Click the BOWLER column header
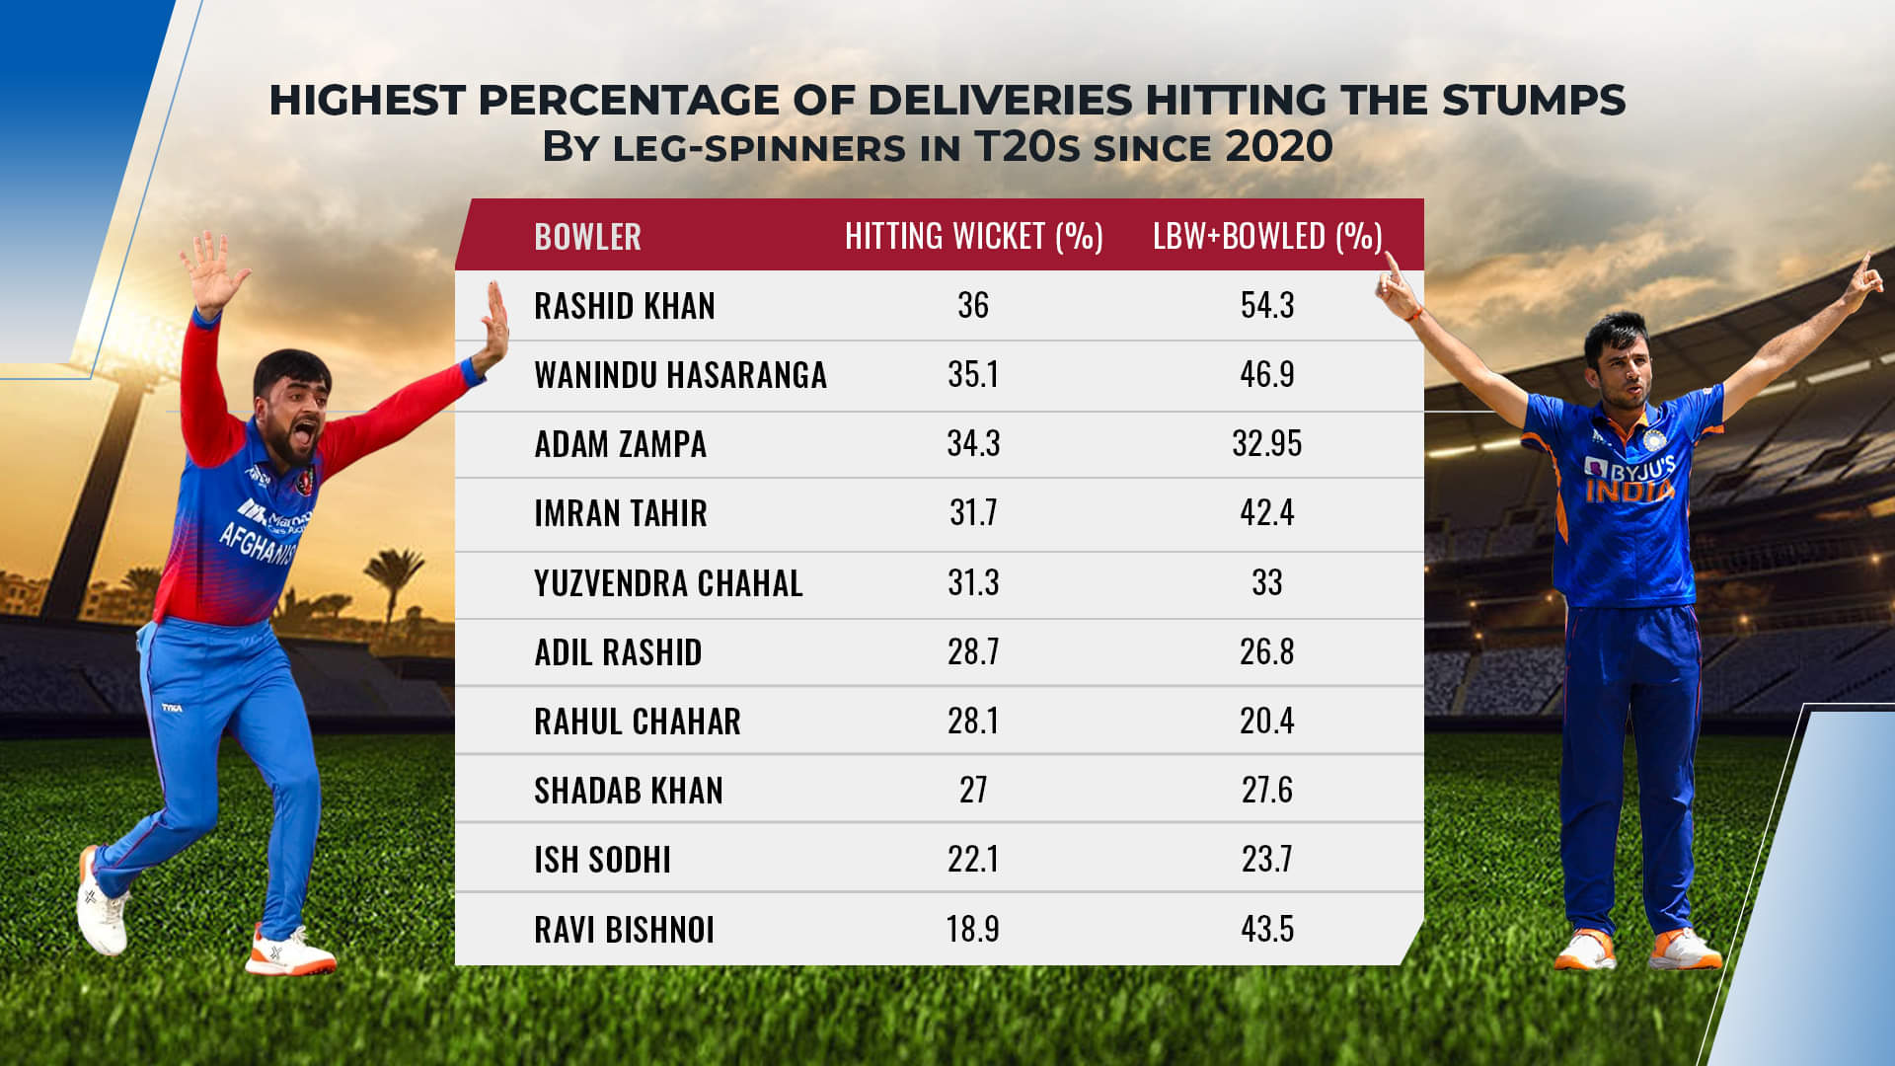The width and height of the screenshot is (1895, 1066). [587, 237]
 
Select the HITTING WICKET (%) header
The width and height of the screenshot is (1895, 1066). [973, 237]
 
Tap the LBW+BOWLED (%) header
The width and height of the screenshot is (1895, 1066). [1267, 237]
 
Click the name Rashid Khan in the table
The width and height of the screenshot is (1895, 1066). [624, 306]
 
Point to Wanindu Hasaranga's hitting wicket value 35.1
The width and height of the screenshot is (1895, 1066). [973, 375]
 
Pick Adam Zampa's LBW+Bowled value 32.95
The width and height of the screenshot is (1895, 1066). [1266, 444]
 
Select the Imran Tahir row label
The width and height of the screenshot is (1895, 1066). [620, 513]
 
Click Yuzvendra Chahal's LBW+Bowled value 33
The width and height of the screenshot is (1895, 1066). [1266, 582]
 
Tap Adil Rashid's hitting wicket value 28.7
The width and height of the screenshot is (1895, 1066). [973, 651]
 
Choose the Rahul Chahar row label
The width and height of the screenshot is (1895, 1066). [637, 722]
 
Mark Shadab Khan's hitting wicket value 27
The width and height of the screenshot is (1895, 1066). [973, 790]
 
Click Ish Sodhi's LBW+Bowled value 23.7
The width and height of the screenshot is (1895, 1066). [1266, 859]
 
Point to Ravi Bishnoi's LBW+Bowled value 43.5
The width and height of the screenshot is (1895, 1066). [1266, 929]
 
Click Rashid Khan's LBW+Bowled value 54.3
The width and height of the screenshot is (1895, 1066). [1266, 306]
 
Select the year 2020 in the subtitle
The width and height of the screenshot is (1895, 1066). [1279, 147]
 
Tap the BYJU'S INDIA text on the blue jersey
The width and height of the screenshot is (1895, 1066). [1630, 479]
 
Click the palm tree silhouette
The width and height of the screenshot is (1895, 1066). [395, 577]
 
